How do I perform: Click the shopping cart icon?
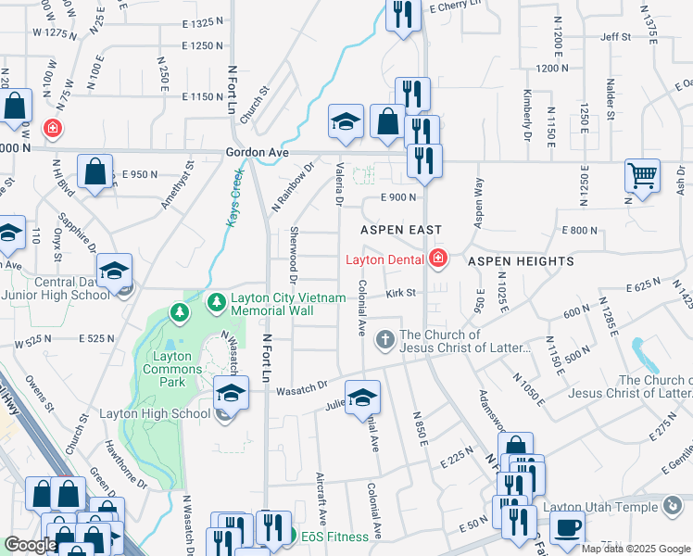[x=642, y=175]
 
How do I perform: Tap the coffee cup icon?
[x=567, y=527]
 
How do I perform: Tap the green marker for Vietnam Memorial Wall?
[x=216, y=302]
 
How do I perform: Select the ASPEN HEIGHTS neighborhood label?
[x=520, y=262]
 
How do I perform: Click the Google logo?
[x=31, y=545]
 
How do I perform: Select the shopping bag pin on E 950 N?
[x=95, y=171]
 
